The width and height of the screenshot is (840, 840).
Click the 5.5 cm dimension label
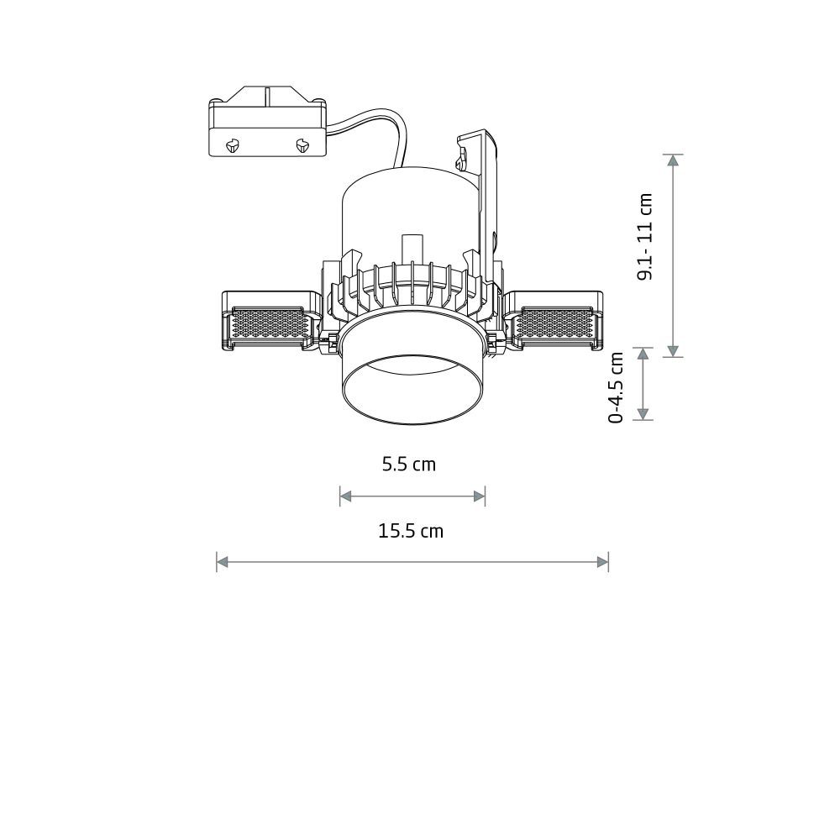(409, 465)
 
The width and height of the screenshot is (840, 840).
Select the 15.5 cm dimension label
(411, 532)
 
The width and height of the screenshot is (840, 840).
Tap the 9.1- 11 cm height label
(645, 236)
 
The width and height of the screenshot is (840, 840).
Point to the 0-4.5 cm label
(617, 387)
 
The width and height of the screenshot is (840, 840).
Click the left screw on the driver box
(233, 144)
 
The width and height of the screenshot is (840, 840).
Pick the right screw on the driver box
(302, 144)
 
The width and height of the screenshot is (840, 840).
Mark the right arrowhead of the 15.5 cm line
(602, 562)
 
